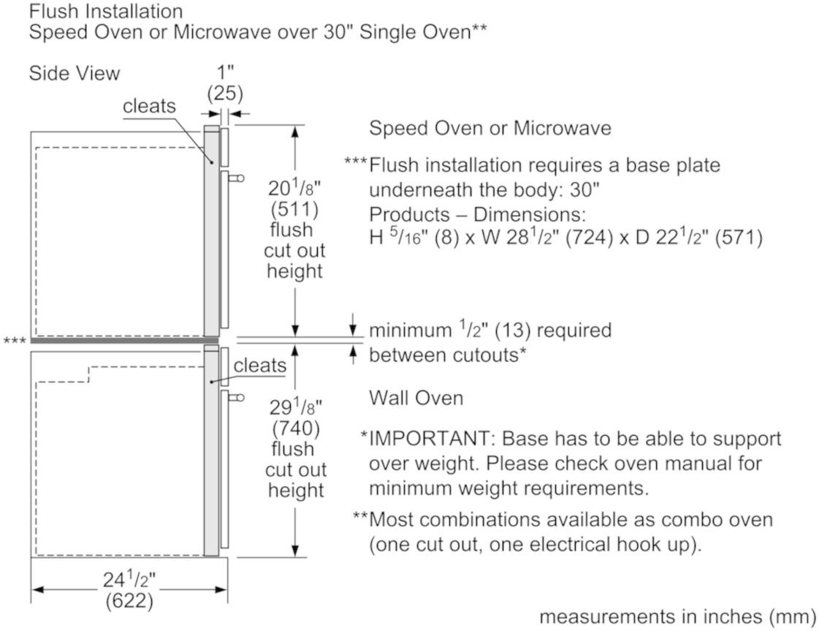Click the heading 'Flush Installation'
point(106,12)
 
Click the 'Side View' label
point(75,74)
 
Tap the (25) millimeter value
point(225,94)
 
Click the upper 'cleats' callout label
point(149,107)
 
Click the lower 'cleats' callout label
point(259,364)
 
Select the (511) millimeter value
point(294,211)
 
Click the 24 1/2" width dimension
point(130,581)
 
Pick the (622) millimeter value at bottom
point(130,601)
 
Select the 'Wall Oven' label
point(416,398)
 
